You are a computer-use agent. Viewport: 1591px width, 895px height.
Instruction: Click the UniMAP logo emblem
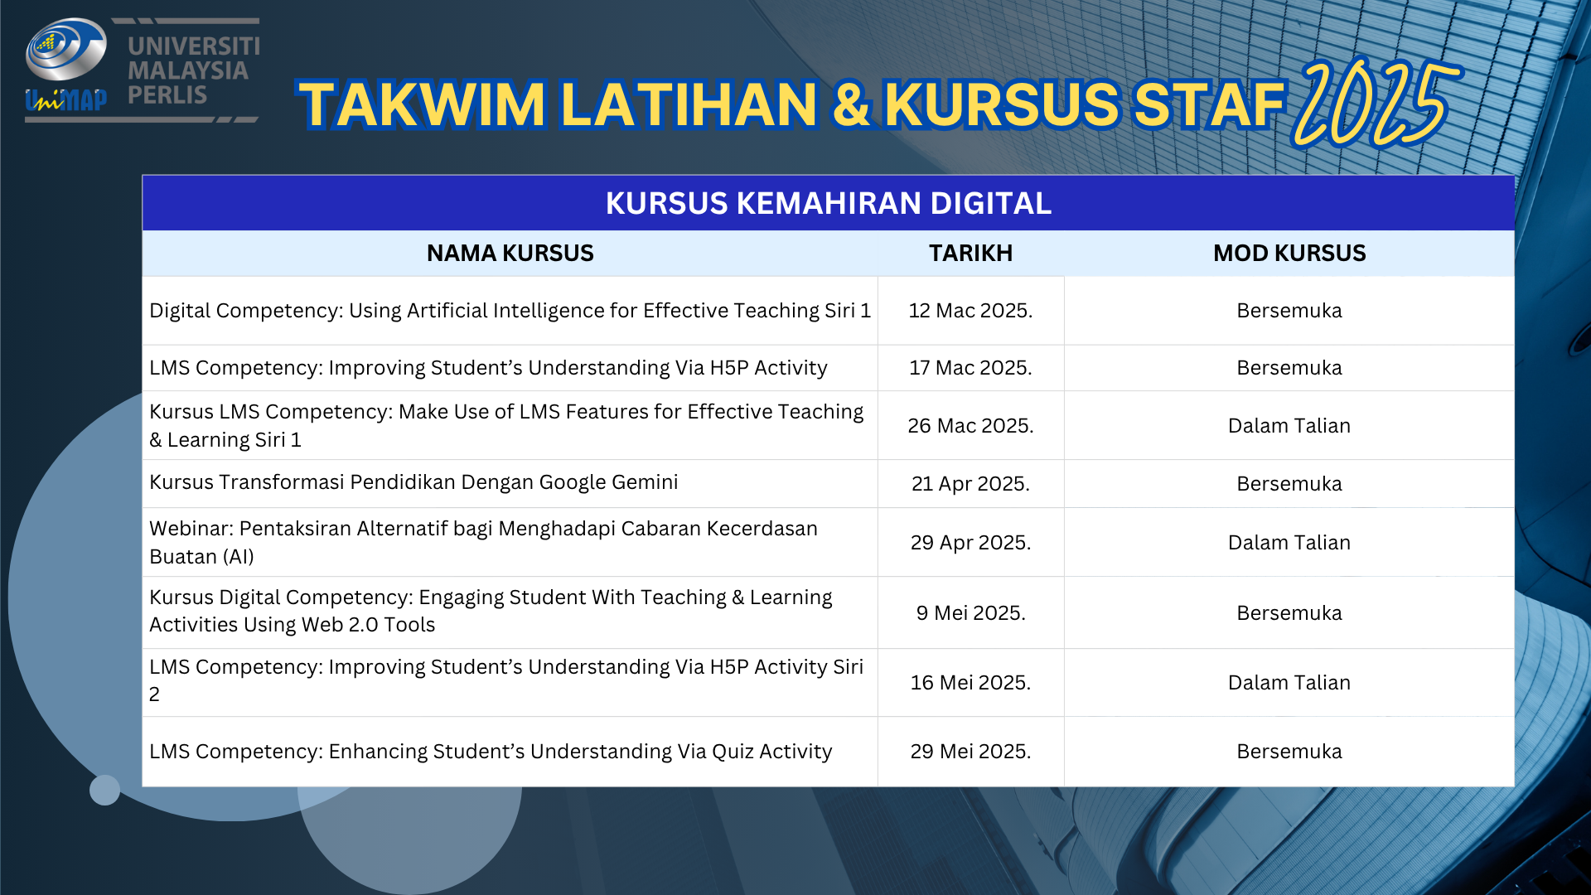tap(66, 65)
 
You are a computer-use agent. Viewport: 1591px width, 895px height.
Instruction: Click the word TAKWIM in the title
tap(423, 105)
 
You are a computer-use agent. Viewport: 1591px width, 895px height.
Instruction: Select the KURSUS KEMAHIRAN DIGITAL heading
tap(829, 203)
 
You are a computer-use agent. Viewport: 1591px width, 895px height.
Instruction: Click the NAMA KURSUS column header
tap(510, 253)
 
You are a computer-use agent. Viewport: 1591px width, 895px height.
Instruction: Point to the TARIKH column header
tap(970, 253)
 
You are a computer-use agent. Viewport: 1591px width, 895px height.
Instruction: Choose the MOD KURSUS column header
tap(1289, 253)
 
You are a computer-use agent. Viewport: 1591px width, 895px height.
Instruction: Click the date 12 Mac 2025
tap(970, 311)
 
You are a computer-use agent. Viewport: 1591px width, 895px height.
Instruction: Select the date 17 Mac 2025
tap(970, 368)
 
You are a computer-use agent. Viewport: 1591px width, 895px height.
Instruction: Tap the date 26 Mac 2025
tap(970, 426)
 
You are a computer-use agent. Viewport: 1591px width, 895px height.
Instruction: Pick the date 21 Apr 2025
tap(970, 484)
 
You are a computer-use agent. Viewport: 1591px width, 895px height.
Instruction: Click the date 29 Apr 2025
tap(970, 543)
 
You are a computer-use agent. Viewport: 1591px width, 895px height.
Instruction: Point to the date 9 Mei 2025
tap(970, 613)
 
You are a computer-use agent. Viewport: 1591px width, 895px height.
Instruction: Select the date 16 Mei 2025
tap(970, 683)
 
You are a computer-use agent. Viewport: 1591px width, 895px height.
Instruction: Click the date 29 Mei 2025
tap(970, 752)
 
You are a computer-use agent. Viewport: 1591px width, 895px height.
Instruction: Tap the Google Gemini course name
tap(413, 482)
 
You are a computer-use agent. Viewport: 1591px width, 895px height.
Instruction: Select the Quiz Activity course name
tap(491, 752)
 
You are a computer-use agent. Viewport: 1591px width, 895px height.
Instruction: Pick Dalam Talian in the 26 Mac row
tap(1289, 426)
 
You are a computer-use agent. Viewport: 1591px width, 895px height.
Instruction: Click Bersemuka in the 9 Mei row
tap(1289, 613)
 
